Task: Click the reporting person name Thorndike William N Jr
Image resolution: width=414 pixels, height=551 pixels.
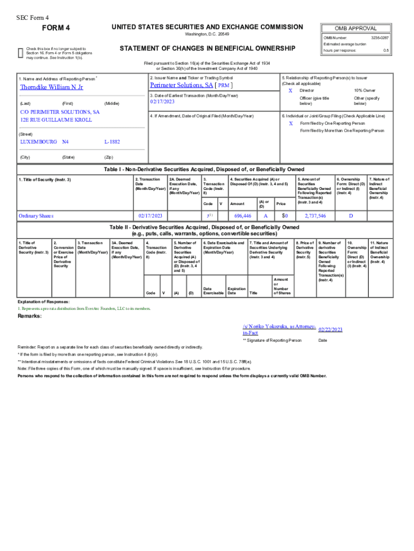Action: coord(52,87)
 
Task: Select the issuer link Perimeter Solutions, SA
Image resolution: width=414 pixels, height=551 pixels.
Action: coord(181,85)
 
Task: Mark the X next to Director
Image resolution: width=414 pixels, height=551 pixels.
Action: coord(290,91)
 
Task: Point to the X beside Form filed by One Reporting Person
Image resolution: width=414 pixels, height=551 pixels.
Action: coord(290,123)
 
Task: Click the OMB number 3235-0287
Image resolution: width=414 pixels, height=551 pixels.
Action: coord(380,38)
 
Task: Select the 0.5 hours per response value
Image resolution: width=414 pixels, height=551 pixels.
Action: coord(386,50)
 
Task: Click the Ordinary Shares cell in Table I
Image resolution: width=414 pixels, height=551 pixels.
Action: coord(36,216)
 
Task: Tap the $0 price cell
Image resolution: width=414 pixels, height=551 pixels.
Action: coord(285,216)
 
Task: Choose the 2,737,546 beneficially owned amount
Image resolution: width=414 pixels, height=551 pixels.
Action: coord(315,216)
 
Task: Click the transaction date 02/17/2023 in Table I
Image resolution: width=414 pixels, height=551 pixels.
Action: coord(150,216)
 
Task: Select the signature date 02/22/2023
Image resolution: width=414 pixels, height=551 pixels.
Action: coord(331,329)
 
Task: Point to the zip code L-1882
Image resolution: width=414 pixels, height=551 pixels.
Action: coord(112,142)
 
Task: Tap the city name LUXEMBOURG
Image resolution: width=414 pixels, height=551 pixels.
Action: coord(38,142)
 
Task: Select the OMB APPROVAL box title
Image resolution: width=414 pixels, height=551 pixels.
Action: coord(355,29)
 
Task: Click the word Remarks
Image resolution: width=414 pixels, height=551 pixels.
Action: coord(30,316)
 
